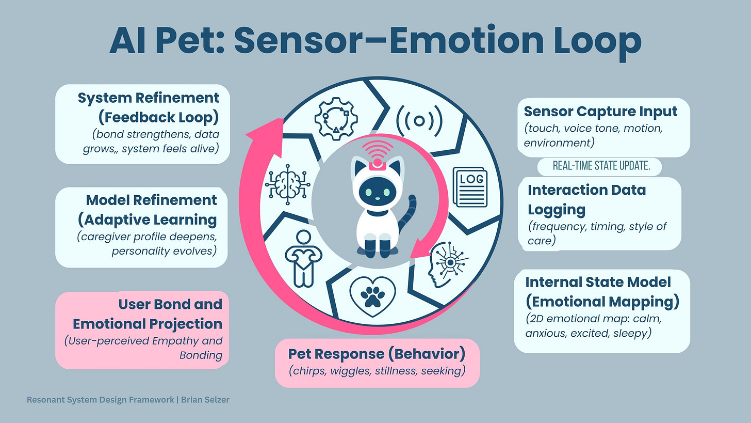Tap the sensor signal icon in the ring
(419, 120)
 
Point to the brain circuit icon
(287, 184)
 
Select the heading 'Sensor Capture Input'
(600, 111)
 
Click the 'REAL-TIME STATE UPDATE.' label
(599, 166)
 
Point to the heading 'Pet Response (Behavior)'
(377, 354)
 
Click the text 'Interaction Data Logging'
(586, 199)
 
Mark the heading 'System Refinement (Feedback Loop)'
(149, 107)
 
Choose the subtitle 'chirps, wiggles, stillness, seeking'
(378, 370)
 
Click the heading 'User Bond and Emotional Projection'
(148, 314)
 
